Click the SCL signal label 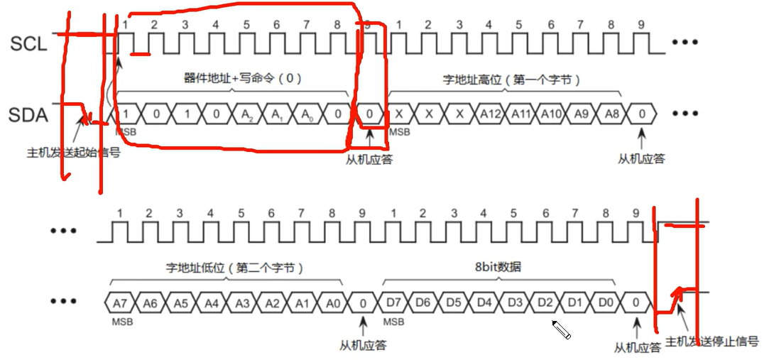pyautogui.click(x=28, y=44)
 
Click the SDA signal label pyautogui.click(x=29, y=114)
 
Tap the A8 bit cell pyautogui.click(x=611, y=114)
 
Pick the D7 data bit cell pyautogui.click(x=393, y=302)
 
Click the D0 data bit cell pyautogui.click(x=606, y=302)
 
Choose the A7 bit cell pyautogui.click(x=119, y=302)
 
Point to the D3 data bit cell pyautogui.click(x=515, y=302)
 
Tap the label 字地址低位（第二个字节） pyautogui.click(x=235, y=268)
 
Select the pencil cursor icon pyautogui.click(x=562, y=329)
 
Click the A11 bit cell pyautogui.click(x=520, y=114)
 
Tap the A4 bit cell pyautogui.click(x=210, y=302)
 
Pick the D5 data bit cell pyautogui.click(x=454, y=302)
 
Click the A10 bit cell pyautogui.click(x=551, y=114)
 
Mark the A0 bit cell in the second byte pyautogui.click(x=332, y=302)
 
